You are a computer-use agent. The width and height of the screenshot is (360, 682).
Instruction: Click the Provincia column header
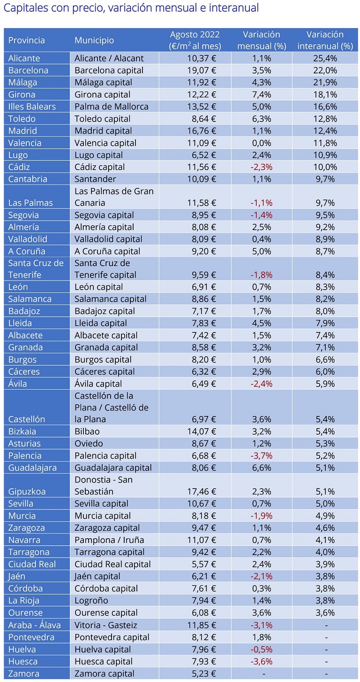tap(27, 40)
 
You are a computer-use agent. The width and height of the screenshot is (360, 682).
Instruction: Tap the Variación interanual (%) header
tap(325, 40)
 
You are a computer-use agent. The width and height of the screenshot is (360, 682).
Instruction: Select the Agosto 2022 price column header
tap(195, 40)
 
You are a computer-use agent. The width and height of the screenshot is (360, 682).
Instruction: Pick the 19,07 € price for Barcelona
tap(201, 70)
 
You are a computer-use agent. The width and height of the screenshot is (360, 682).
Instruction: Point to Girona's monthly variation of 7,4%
tap(261, 95)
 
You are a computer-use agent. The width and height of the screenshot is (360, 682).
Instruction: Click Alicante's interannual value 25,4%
tap(325, 59)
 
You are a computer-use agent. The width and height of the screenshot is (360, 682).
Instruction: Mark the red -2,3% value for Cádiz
tap(261, 167)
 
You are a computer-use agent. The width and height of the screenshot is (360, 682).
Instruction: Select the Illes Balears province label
tap(32, 107)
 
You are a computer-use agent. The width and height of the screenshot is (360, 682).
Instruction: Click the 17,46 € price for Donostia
tap(201, 492)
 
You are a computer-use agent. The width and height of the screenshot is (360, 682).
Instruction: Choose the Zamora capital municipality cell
tap(104, 674)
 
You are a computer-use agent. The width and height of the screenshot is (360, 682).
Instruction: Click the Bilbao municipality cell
tap(87, 431)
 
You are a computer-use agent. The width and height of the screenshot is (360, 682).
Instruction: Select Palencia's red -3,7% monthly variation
tap(261, 456)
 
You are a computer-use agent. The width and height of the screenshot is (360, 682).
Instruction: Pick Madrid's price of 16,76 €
tap(201, 131)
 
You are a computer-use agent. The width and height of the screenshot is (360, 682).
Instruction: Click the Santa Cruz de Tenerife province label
tap(36, 269)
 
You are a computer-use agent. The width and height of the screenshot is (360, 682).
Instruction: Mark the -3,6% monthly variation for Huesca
tap(261, 661)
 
